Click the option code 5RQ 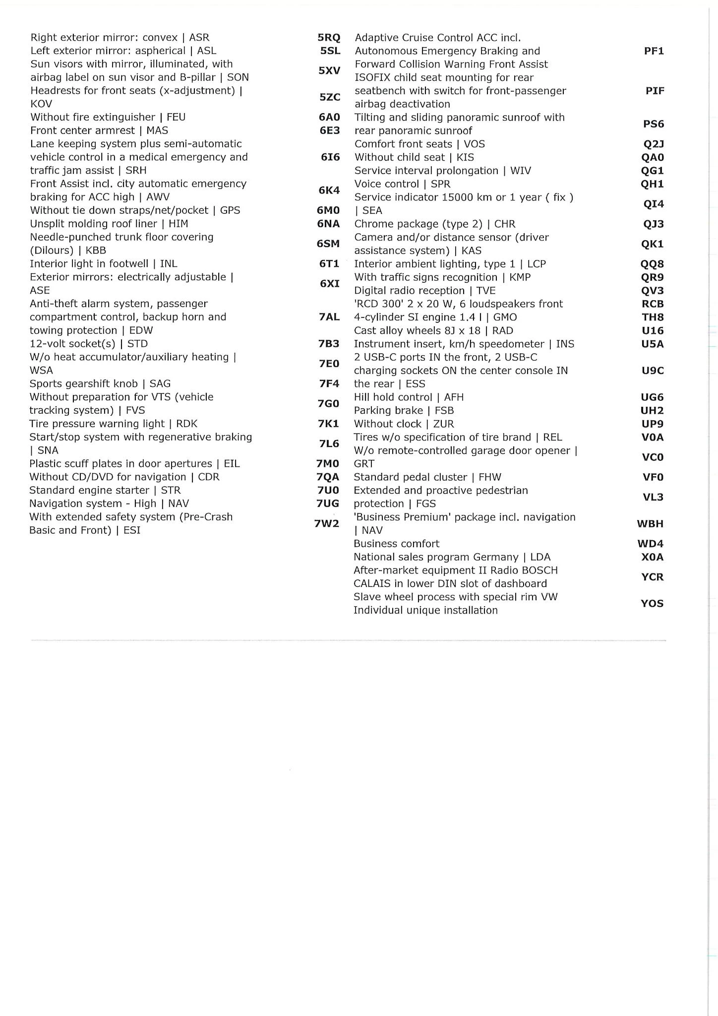click(329, 38)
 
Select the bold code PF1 click(654, 51)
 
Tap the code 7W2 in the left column click(327, 523)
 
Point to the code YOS click(652, 604)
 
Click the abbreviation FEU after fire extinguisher click(176, 117)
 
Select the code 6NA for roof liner click(328, 224)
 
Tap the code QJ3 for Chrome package click(653, 224)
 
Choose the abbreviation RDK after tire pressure click(187, 424)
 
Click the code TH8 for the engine click(653, 317)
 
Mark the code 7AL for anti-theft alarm click(329, 317)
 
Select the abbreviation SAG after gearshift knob click(160, 383)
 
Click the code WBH click(650, 524)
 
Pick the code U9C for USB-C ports click(653, 371)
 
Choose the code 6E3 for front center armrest click(330, 130)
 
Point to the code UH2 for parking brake click(652, 411)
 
